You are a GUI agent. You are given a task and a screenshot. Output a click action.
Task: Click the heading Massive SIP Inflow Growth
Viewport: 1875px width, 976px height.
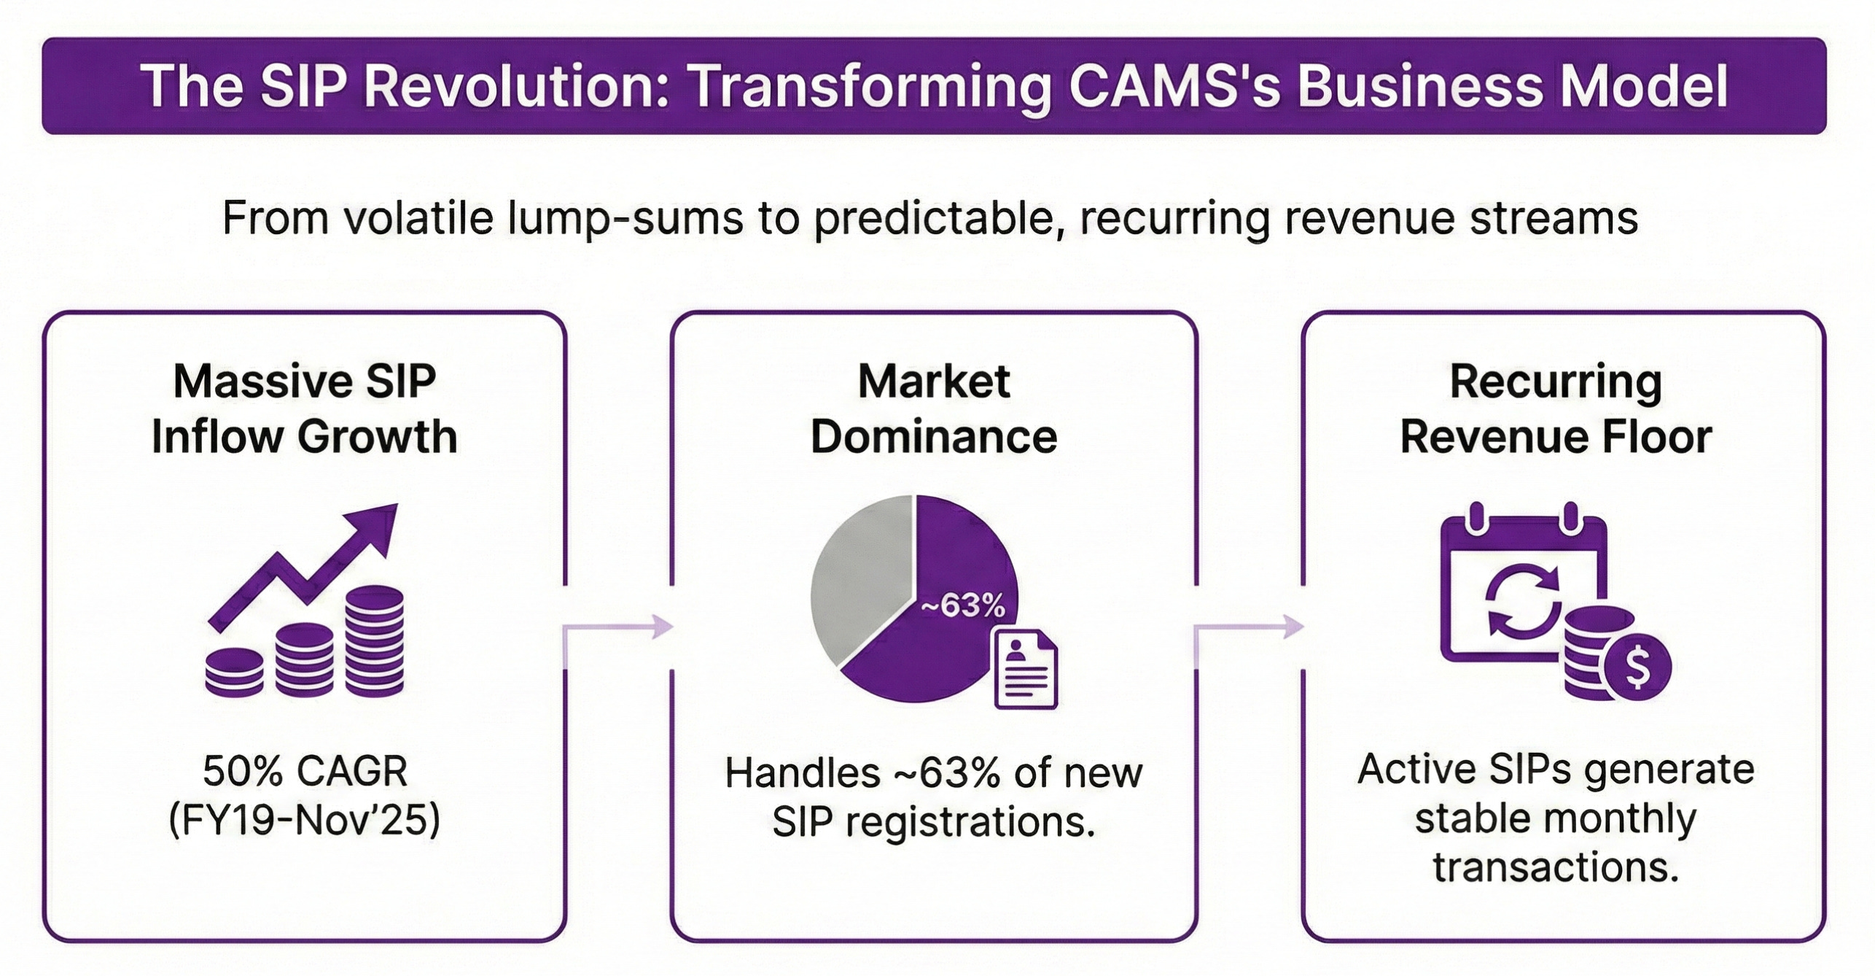(305, 408)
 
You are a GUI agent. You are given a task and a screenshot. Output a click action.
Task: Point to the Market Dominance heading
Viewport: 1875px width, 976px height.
(934, 408)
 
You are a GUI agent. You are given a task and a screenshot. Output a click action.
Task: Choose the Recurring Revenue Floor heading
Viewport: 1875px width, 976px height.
(1556, 408)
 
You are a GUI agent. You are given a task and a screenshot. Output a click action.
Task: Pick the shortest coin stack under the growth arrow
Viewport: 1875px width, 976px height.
(234, 672)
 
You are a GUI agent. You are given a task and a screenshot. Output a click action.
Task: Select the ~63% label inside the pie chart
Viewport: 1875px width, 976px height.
(962, 605)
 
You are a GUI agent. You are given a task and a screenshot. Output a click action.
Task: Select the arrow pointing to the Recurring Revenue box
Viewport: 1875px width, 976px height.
(1250, 626)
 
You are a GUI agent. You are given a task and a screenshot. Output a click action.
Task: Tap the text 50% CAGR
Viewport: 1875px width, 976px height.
(305, 772)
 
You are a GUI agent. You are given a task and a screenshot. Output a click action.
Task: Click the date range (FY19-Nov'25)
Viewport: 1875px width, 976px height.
(305, 820)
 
